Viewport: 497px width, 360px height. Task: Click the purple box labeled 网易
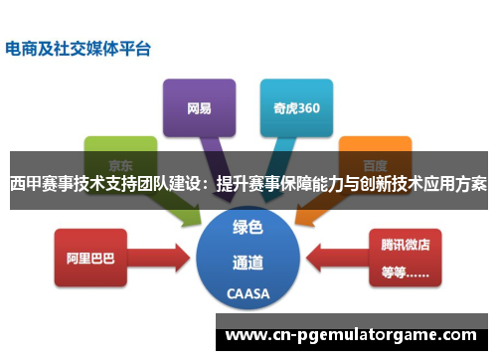coord(198,106)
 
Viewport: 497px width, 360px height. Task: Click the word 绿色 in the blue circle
coord(248,227)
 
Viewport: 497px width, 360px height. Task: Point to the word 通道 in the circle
coord(248,263)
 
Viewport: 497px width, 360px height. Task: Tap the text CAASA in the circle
coord(248,295)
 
